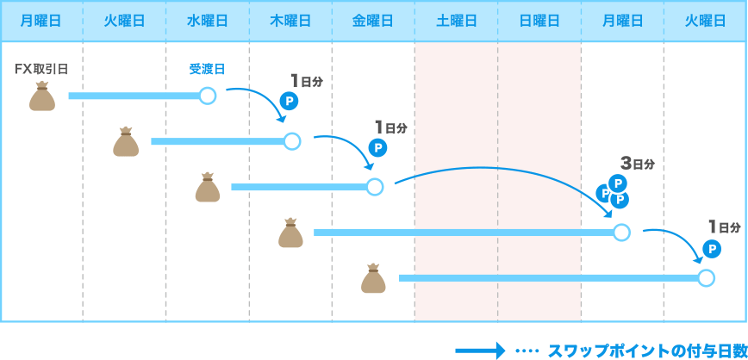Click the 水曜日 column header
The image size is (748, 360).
point(208,21)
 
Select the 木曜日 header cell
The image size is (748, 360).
point(290,21)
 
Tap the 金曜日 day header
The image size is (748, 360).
point(373,21)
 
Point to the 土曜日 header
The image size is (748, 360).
point(456,21)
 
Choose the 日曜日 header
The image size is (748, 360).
point(539,21)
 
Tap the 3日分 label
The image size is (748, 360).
point(638,162)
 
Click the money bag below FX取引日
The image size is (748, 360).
point(41,97)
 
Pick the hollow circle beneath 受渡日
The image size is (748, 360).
point(207,96)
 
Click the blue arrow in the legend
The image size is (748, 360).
point(479,350)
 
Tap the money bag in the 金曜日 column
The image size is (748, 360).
point(373,279)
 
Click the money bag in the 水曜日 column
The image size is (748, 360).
point(208,188)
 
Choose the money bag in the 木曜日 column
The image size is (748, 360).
point(290,233)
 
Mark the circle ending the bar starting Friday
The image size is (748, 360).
point(706,277)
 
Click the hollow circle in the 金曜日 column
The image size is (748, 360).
point(374,186)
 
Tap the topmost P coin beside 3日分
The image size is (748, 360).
point(617,183)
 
